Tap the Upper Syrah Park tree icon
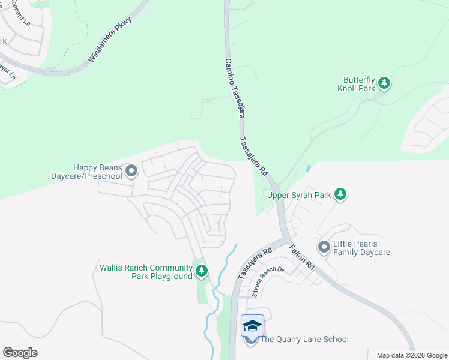(x=340, y=194)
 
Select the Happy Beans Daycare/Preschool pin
(x=132, y=172)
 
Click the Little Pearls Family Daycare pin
(x=324, y=247)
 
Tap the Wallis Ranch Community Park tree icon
(x=202, y=271)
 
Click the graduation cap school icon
(x=252, y=326)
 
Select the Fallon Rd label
(x=302, y=257)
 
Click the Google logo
(x=20, y=353)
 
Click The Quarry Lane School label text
(x=304, y=340)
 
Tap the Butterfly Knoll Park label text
(x=359, y=84)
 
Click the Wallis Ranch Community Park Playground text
(x=146, y=272)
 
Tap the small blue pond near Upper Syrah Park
(x=308, y=170)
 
